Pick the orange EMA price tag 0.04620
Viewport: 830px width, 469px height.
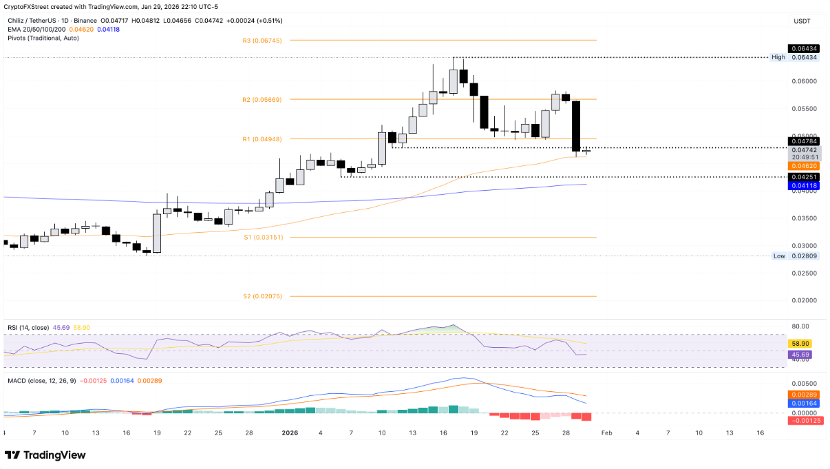point(804,166)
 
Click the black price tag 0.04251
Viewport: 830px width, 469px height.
point(804,177)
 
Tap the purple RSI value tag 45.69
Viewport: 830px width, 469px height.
point(800,355)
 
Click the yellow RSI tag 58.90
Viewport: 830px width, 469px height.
point(800,343)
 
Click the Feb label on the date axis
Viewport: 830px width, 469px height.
point(606,433)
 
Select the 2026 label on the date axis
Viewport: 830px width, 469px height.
point(289,433)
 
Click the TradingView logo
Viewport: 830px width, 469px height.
point(45,455)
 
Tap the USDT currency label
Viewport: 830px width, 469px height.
point(802,21)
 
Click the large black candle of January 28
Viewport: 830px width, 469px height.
point(576,126)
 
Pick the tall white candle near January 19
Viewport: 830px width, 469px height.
point(157,233)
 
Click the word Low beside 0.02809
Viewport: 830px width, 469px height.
point(779,256)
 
